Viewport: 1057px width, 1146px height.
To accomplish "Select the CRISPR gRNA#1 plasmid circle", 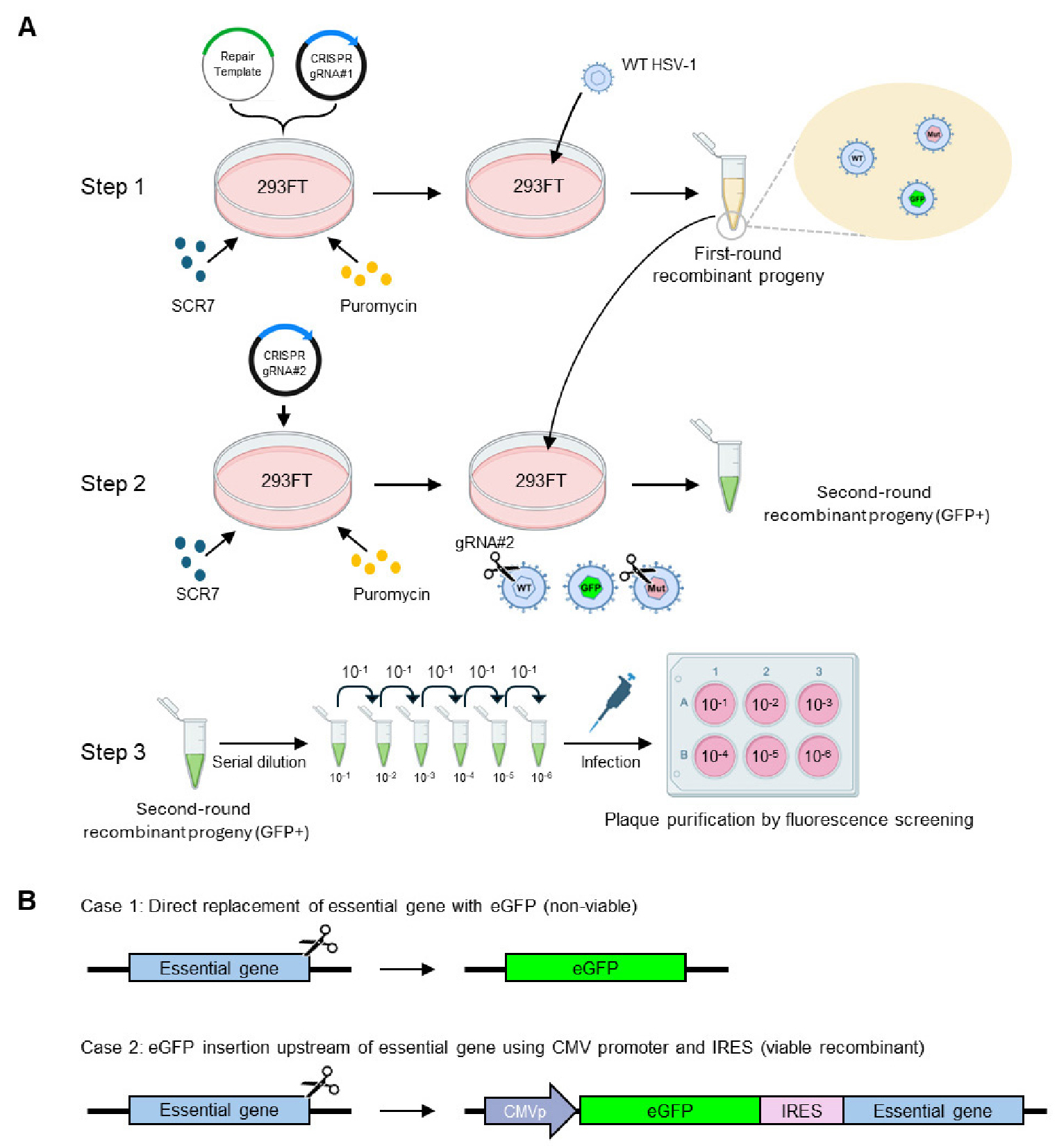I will tap(331, 66).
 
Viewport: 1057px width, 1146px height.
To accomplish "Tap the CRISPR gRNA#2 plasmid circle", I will tap(284, 362).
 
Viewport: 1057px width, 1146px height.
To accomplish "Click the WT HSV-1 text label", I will tap(658, 65).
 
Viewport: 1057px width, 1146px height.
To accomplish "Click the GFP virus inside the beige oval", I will tap(917, 199).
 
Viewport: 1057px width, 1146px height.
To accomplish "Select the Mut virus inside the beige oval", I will tap(933, 134).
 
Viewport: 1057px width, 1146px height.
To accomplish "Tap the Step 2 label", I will tap(113, 483).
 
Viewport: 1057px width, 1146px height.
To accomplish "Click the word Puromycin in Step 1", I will tap(378, 306).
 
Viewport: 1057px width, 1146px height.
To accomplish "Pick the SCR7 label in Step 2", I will tap(197, 594).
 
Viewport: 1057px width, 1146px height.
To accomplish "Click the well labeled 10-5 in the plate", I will tap(765, 756).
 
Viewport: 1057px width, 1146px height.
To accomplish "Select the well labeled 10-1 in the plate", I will tap(714, 704).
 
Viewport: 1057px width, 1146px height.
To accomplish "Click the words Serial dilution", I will tap(259, 762).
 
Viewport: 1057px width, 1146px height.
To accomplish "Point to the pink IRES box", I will tap(801, 1111).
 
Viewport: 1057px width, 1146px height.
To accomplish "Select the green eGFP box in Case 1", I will tap(595, 968).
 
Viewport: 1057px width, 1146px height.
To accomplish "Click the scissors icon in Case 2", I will tap(321, 1081).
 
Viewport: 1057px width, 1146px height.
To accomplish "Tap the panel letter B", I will tap(27, 901).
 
